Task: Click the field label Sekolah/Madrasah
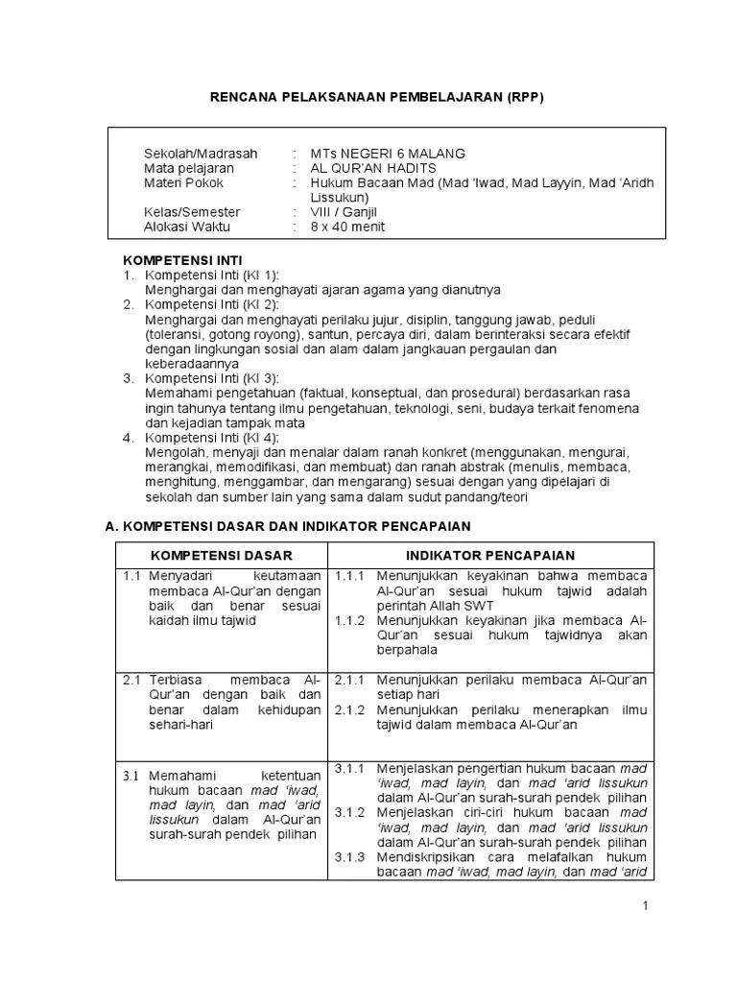201,153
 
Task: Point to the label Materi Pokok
183,182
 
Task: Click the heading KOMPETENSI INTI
181,260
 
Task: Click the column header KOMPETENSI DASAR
221,556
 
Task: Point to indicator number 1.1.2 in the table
349,620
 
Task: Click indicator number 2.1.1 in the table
349,680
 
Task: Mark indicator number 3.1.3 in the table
349,857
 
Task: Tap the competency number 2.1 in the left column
132,680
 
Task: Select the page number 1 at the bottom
647,906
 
